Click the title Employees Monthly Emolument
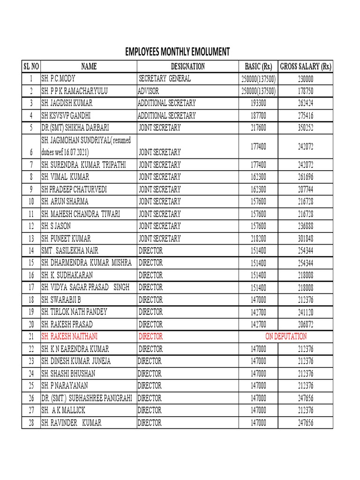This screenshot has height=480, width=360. pos(177,52)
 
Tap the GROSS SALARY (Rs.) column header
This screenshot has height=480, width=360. pos(306,67)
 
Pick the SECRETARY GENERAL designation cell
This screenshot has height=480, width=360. pos(164,79)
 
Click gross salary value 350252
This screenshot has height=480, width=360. pos(306,127)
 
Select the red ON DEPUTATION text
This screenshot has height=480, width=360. pos(286,337)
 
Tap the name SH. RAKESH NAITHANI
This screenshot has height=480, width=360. pos(70,337)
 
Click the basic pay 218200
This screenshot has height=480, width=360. pos(258,239)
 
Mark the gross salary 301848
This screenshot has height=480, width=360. pos(306,239)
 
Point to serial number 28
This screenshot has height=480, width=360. pos(31,423)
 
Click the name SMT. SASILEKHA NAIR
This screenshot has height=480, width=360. pos(70,251)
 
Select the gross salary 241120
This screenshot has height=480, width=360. pos(306,312)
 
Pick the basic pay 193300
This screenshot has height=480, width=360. pos(258,103)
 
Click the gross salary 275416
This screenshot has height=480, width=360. pos(306,115)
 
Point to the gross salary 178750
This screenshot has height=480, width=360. pos(306,91)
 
